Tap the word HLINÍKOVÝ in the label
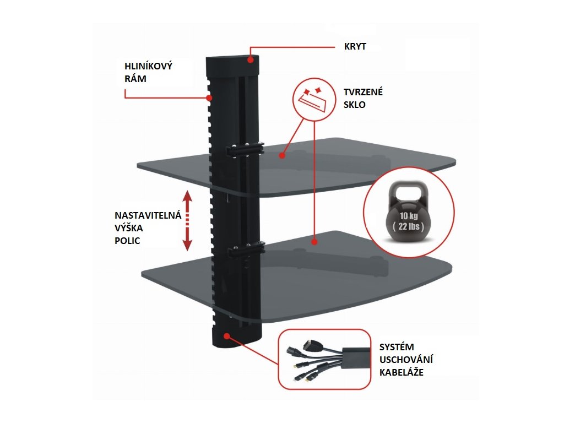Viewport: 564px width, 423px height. click(x=148, y=66)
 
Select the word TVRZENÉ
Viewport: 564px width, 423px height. click(x=364, y=92)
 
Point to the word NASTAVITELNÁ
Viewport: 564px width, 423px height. click(x=148, y=215)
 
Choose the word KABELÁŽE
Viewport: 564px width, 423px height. click(x=402, y=372)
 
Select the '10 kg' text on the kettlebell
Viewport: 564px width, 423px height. click(x=408, y=215)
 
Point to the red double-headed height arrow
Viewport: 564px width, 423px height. click(x=187, y=220)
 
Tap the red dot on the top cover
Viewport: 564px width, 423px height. click(x=251, y=60)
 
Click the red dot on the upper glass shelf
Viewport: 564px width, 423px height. click(x=281, y=156)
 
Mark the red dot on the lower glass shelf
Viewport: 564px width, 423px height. click(x=314, y=241)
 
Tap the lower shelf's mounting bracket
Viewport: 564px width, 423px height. click(x=245, y=252)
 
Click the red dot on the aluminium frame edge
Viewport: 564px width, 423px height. click(x=210, y=99)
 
